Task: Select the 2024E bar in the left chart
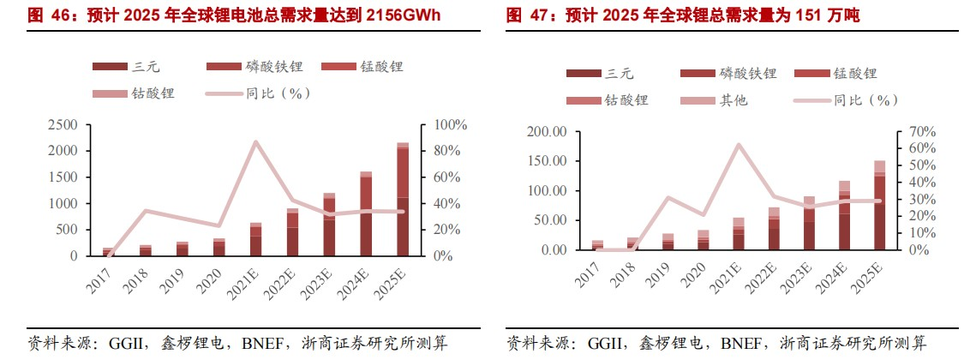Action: point(366,214)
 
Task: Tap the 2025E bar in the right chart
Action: point(879,206)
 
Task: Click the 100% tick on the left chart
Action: point(450,124)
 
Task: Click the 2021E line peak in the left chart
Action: point(255,141)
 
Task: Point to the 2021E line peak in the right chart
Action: point(739,145)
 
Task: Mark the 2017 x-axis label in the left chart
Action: point(101,281)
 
